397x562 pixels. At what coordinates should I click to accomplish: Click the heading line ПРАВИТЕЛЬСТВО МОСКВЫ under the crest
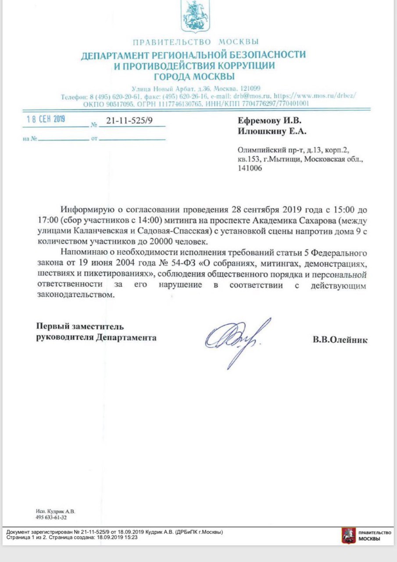[195, 42]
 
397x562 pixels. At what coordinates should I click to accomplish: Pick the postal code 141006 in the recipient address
[248, 168]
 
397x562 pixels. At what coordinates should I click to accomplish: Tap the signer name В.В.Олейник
[340, 339]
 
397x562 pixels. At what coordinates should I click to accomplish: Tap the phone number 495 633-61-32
[51, 518]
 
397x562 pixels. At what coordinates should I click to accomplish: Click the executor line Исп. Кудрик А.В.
[55, 512]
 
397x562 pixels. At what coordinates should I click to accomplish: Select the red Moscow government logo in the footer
[349, 535]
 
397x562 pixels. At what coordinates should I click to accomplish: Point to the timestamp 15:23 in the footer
[130, 537]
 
